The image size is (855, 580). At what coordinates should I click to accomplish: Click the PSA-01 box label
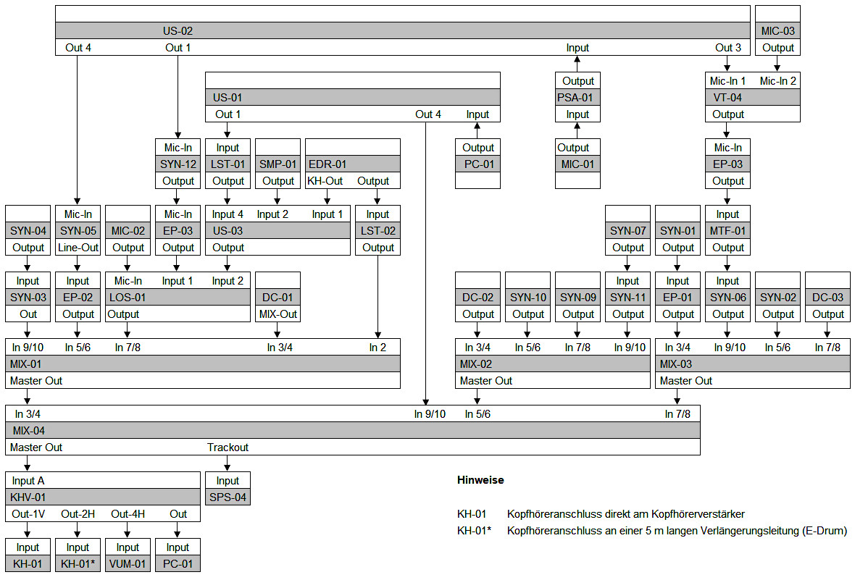577,98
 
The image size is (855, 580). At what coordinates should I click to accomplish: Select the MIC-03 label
777,31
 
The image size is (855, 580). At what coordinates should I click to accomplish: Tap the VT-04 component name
727,98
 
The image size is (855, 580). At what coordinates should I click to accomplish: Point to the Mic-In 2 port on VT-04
777,81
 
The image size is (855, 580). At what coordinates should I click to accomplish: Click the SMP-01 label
278,164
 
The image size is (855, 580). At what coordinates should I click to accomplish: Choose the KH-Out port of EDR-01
325,181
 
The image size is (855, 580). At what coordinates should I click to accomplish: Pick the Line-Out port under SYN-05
78,248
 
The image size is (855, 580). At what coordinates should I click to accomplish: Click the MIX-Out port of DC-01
278,314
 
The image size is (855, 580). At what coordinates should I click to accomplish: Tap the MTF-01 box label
727,231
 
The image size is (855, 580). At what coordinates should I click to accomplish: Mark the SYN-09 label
577,298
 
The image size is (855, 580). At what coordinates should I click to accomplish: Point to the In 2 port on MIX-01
378,348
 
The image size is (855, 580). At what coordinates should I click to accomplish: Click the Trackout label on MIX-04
228,447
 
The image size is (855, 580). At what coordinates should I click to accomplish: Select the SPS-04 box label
228,497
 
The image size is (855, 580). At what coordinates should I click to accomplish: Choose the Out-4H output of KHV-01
128,514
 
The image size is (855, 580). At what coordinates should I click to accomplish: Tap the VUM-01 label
128,564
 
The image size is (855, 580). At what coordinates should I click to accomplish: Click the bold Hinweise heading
480,480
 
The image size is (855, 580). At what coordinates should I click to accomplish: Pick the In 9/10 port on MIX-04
430,414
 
